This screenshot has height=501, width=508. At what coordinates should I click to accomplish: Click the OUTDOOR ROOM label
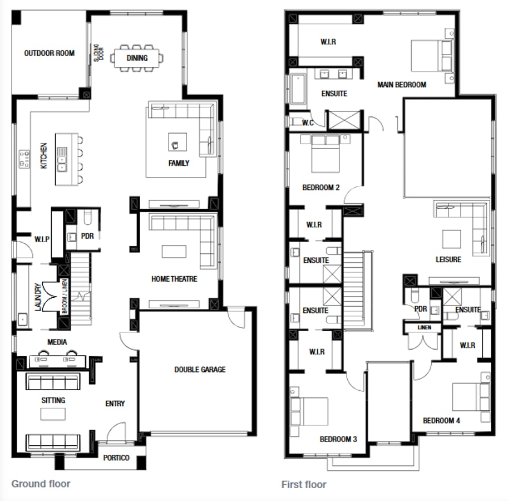pyautogui.click(x=49, y=53)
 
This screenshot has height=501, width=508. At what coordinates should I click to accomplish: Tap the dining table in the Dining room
pyautogui.click(x=137, y=57)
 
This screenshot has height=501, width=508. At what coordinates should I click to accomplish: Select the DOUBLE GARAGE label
pyautogui.click(x=200, y=369)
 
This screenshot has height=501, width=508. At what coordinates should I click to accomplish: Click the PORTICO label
pyautogui.click(x=116, y=458)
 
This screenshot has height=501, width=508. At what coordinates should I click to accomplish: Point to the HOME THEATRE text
pyautogui.click(x=174, y=278)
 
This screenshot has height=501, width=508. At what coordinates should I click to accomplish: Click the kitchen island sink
pyautogui.click(x=62, y=159)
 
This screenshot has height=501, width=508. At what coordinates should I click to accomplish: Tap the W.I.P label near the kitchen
pyautogui.click(x=42, y=239)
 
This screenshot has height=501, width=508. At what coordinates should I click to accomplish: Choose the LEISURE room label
pyautogui.click(x=448, y=259)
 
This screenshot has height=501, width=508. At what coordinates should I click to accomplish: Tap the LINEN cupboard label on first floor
pyautogui.click(x=424, y=327)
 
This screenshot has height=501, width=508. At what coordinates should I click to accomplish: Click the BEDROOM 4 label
pyautogui.click(x=441, y=420)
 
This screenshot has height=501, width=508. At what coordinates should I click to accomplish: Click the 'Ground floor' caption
pyautogui.click(x=41, y=483)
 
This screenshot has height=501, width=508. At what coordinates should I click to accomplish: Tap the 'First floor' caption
pyautogui.click(x=304, y=484)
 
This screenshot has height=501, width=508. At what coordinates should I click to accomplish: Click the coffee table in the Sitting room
pyautogui.click(x=53, y=414)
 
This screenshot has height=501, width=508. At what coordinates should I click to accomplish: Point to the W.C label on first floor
pyautogui.click(x=308, y=122)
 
